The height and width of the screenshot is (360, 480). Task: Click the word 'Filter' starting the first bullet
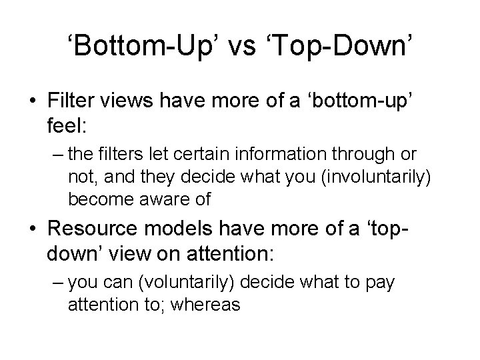coord(69,100)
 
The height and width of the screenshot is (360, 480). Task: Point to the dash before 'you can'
coord(53,283)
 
